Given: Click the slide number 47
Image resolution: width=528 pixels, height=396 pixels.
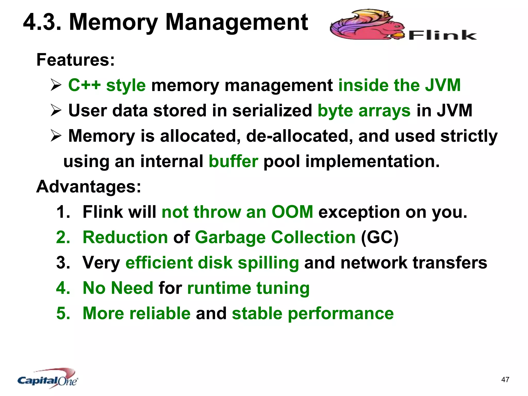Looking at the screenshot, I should point(505,379).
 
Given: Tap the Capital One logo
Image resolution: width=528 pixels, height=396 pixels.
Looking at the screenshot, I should point(48,378).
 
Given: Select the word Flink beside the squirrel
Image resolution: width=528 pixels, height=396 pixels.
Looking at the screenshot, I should point(442,35).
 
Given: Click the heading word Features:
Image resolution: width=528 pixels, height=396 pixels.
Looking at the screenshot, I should point(76,60).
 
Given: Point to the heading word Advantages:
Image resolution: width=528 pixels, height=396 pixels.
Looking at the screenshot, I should point(89,186).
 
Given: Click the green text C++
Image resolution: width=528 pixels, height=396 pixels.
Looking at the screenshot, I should point(84,85).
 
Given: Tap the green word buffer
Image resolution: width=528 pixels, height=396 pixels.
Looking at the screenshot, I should point(233,161).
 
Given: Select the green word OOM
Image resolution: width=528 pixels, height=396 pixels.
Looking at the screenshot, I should point(292,212).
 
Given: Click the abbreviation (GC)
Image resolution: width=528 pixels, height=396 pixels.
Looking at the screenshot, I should point(379,237).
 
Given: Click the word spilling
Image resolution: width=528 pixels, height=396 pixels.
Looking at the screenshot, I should point(268,263).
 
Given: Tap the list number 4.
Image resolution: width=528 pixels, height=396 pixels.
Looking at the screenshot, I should point(63,288).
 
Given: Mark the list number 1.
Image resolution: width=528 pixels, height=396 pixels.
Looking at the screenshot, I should point(63,212).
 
